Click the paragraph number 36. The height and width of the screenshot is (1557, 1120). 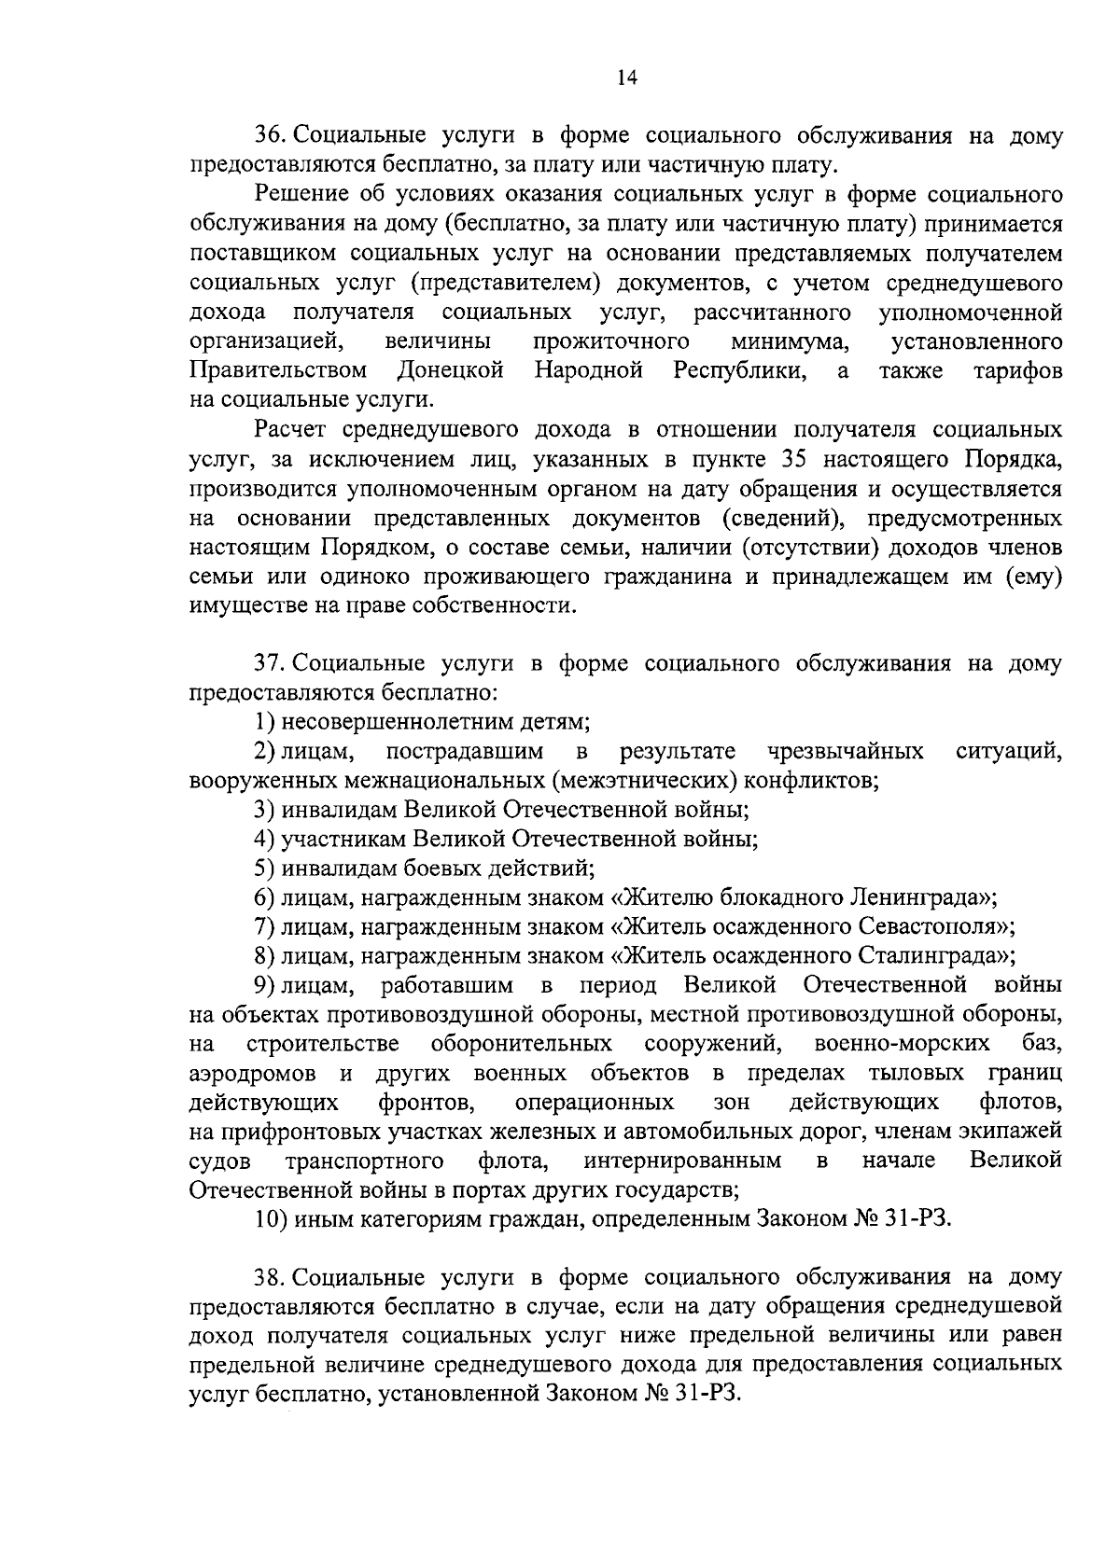(268, 136)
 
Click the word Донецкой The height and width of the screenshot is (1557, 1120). (451, 370)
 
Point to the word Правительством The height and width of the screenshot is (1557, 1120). (278, 370)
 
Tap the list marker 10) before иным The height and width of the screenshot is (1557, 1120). (271, 1219)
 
